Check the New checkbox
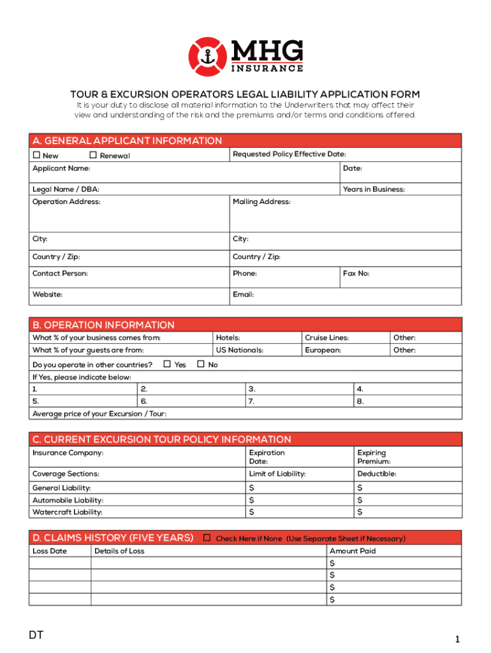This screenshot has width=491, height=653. pyautogui.click(x=36, y=155)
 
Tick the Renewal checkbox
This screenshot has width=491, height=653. pyautogui.click(x=93, y=155)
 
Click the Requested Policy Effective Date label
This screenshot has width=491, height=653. pyautogui.click(x=289, y=154)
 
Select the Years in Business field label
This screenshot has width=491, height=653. pyautogui.click(x=373, y=189)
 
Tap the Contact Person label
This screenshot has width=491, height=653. pyautogui.click(x=60, y=274)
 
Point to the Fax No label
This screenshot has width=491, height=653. pyautogui.click(x=356, y=274)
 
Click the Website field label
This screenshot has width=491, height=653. pyautogui.click(x=47, y=295)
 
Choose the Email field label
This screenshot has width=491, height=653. pyautogui.click(x=243, y=295)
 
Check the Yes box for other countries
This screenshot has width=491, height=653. pyautogui.click(x=167, y=364)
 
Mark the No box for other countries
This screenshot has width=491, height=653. pyautogui.click(x=200, y=364)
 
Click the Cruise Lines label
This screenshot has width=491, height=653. pyautogui.click(x=326, y=338)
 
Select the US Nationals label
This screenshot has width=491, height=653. pyautogui.click(x=239, y=350)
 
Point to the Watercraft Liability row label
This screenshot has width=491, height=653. pyautogui.click(x=67, y=512)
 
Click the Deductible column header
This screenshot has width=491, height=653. pyautogui.click(x=376, y=474)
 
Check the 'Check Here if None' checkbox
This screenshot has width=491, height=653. pyautogui.click(x=207, y=538)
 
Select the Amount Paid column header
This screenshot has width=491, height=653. pyautogui.click(x=352, y=551)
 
